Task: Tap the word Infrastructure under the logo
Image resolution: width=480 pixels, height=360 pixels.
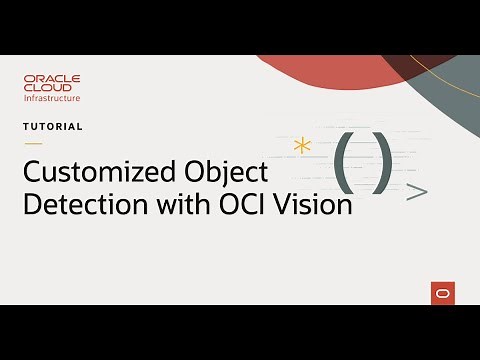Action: point(52,98)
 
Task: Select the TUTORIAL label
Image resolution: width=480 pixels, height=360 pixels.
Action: point(53,127)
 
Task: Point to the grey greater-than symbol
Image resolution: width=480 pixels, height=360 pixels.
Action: point(418,192)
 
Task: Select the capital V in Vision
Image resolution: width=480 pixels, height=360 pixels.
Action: point(289,204)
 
